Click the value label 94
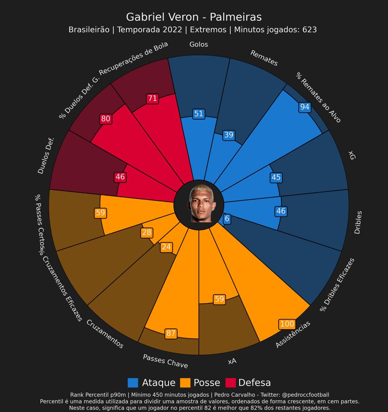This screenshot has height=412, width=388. [305, 107]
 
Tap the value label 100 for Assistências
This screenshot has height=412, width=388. [287, 324]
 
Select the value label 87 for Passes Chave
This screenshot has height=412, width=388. [171, 333]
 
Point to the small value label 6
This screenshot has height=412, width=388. [227, 219]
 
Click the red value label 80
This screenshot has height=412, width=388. [105, 119]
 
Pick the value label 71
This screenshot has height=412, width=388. [152, 99]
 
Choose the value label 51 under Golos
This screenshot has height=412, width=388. [198, 114]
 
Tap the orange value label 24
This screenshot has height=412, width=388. [166, 247]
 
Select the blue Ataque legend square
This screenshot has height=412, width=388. [133, 383]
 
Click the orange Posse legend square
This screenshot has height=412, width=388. [185, 383]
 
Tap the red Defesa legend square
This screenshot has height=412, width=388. [230, 383]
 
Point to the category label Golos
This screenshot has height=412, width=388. [198, 45]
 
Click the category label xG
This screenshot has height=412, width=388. [351, 155]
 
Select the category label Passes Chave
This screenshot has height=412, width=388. [165, 361]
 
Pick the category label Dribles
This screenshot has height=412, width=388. [357, 222]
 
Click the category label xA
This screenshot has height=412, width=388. [232, 361]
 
